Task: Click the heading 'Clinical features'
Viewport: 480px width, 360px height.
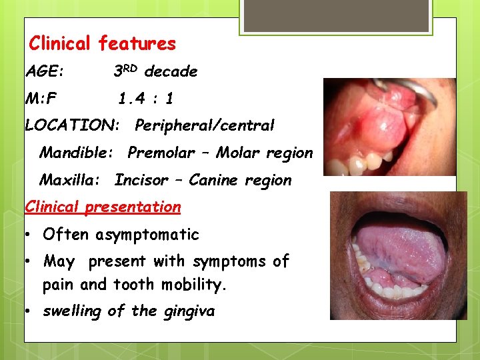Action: [x=102, y=44]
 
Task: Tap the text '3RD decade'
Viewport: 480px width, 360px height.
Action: [x=155, y=71]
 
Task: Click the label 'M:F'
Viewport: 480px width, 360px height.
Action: [x=41, y=99]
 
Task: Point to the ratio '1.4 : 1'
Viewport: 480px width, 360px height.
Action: [x=146, y=99]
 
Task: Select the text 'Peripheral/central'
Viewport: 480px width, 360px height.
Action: [x=204, y=125]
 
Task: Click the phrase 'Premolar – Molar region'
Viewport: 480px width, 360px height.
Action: [x=220, y=153]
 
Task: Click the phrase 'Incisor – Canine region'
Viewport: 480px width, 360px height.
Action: [x=203, y=180]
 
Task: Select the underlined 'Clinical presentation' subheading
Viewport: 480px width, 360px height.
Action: [x=103, y=207]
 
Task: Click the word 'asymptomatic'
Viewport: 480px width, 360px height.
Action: [x=147, y=235]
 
